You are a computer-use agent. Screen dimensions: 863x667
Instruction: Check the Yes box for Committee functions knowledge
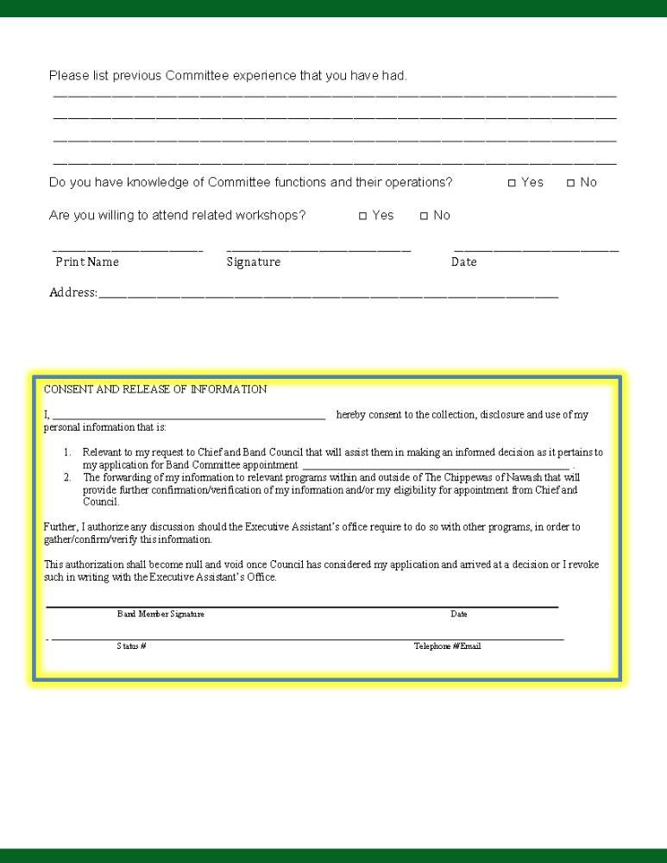click(x=512, y=183)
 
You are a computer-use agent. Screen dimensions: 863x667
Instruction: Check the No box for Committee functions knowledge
click(x=570, y=183)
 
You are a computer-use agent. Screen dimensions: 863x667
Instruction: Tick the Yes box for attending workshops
click(x=363, y=216)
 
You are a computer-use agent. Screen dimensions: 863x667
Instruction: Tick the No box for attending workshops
click(x=424, y=216)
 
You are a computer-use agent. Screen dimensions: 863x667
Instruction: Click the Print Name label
click(x=87, y=261)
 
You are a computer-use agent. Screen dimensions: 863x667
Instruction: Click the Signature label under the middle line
click(x=253, y=261)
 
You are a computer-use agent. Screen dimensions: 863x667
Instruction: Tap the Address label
click(x=72, y=293)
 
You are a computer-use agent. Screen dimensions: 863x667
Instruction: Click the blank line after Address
click(x=328, y=296)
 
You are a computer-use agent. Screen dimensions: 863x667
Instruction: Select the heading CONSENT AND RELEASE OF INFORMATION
click(x=155, y=389)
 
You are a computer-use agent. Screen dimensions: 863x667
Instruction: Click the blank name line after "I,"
click(x=188, y=416)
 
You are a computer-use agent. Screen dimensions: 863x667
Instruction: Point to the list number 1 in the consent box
click(x=67, y=452)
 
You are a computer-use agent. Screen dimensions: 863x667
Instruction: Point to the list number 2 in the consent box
click(x=67, y=477)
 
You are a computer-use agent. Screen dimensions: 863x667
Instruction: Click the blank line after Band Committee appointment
click(x=436, y=467)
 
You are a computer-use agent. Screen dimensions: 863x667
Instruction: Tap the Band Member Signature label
click(x=160, y=614)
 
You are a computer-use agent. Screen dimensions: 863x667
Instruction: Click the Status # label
click(x=131, y=646)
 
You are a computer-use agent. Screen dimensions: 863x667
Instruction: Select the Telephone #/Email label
click(x=447, y=646)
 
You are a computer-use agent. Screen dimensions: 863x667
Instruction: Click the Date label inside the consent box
click(x=458, y=614)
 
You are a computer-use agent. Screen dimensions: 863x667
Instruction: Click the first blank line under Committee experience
click(x=335, y=95)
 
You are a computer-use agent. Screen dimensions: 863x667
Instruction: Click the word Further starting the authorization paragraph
click(x=60, y=526)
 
